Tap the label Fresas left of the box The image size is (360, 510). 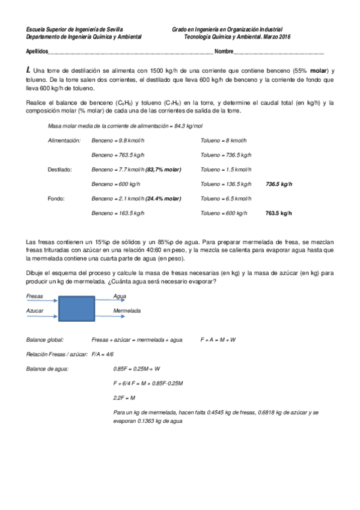tap(34, 296)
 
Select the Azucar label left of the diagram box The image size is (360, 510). tap(35, 310)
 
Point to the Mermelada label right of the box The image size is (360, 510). tap(127, 310)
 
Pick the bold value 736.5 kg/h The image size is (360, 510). tap(278, 184)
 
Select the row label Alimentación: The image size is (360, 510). tap(64, 140)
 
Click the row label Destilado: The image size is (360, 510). tap(59, 170)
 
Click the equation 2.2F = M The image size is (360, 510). tap(124, 398)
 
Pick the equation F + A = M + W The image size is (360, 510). tap(218, 339)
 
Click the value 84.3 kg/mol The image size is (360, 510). tap(189, 126)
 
